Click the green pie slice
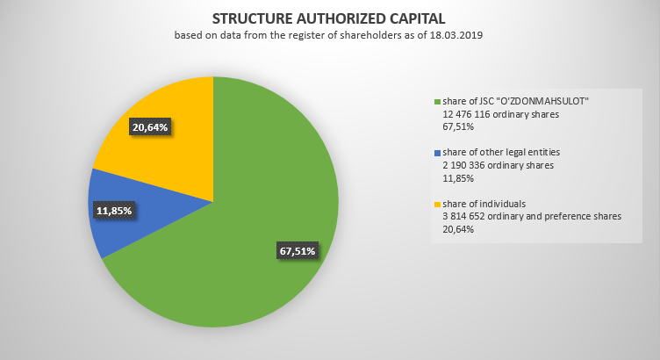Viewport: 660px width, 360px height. (255, 220)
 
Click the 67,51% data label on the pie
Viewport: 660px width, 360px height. (297, 251)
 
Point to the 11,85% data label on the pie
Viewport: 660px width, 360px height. (115, 211)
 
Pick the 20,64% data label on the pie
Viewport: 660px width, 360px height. (149, 126)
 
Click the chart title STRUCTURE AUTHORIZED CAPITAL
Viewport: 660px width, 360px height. (329, 18)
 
